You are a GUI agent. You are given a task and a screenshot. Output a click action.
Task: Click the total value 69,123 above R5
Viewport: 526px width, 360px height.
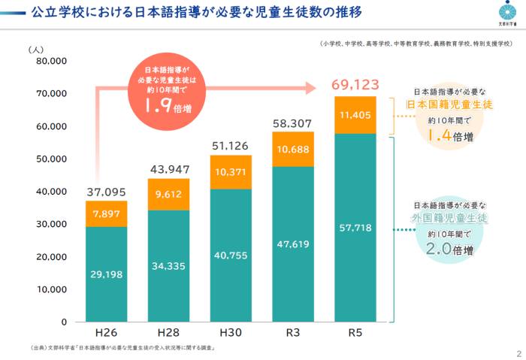coord(355,83)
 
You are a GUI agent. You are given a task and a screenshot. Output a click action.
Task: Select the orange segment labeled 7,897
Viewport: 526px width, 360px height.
coord(106,213)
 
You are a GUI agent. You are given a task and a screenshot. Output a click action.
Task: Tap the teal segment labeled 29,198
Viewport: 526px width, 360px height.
coord(106,274)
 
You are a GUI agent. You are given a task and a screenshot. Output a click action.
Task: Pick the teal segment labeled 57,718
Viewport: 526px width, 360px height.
coord(355,227)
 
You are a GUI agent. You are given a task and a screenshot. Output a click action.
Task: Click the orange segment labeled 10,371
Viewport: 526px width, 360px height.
coord(231,171)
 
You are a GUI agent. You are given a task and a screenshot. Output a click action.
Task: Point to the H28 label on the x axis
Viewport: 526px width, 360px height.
coord(168,332)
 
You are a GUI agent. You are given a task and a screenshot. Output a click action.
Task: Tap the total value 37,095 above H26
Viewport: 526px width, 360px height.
coord(106,192)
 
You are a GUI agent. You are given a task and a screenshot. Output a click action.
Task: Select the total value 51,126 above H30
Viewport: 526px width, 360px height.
coord(231,146)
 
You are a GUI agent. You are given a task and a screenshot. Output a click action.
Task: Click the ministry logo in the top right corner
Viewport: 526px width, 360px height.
coord(507,13)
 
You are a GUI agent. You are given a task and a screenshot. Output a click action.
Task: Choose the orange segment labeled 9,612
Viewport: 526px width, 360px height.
coord(168,194)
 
